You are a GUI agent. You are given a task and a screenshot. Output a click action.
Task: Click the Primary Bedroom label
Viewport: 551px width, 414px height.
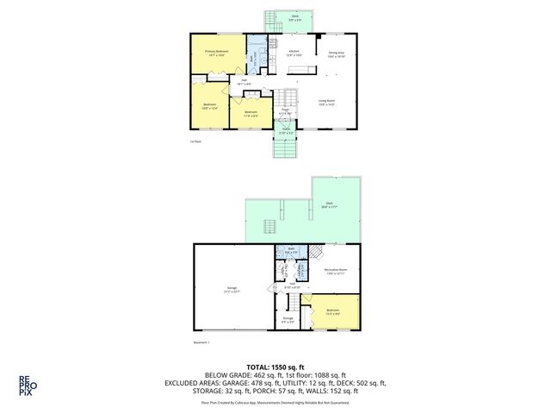point(216,53)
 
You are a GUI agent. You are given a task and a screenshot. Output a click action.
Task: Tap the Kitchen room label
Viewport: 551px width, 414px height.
point(294,53)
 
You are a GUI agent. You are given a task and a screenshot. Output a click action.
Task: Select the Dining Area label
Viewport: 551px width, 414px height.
point(337,53)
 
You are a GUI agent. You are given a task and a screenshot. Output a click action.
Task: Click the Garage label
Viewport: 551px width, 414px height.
point(232,289)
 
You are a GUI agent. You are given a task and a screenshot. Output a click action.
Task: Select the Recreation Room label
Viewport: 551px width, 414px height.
point(336,273)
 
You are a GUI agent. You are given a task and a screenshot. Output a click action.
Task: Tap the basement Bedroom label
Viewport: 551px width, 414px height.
point(331,311)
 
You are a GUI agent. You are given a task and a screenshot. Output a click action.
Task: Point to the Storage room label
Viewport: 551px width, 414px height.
point(288,320)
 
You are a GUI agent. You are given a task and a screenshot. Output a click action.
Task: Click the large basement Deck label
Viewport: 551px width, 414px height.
point(330,205)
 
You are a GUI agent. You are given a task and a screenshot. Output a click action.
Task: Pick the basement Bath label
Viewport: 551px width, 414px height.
point(292,251)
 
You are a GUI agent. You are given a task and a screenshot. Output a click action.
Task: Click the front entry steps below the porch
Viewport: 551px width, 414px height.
point(285,149)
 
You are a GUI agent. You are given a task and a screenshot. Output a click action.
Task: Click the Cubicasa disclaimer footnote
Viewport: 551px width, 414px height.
point(275,401)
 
